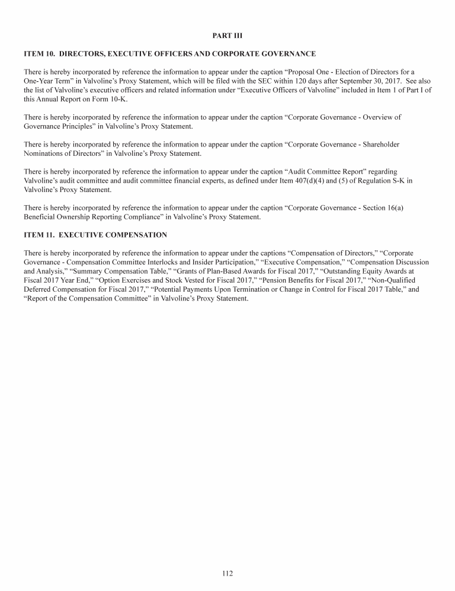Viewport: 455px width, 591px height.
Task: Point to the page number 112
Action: [x=227, y=573]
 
